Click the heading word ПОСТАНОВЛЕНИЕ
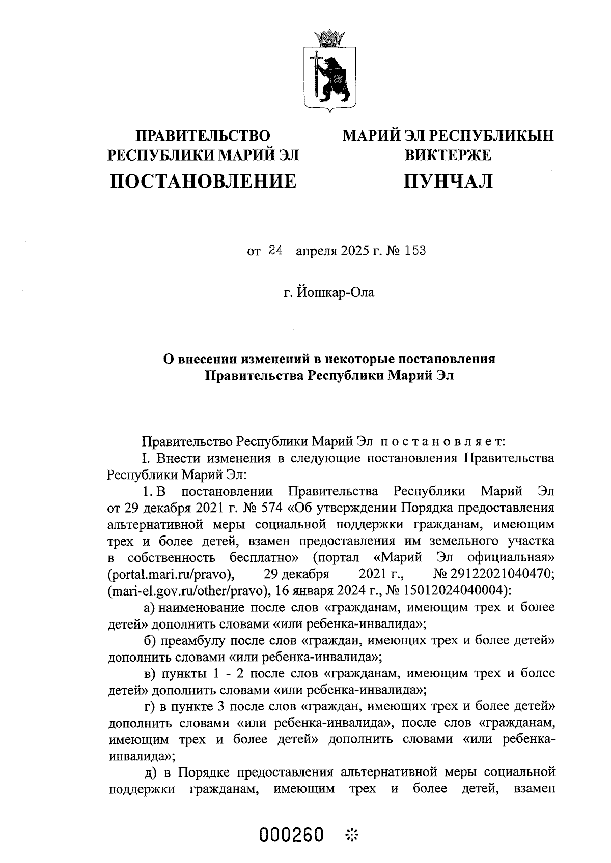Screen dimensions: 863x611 coord(203,181)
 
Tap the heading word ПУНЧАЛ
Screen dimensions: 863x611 coord(448,181)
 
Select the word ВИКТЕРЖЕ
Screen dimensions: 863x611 coord(448,155)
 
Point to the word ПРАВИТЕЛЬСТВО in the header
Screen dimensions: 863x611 coord(203,136)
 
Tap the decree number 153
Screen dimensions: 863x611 coord(415,251)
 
